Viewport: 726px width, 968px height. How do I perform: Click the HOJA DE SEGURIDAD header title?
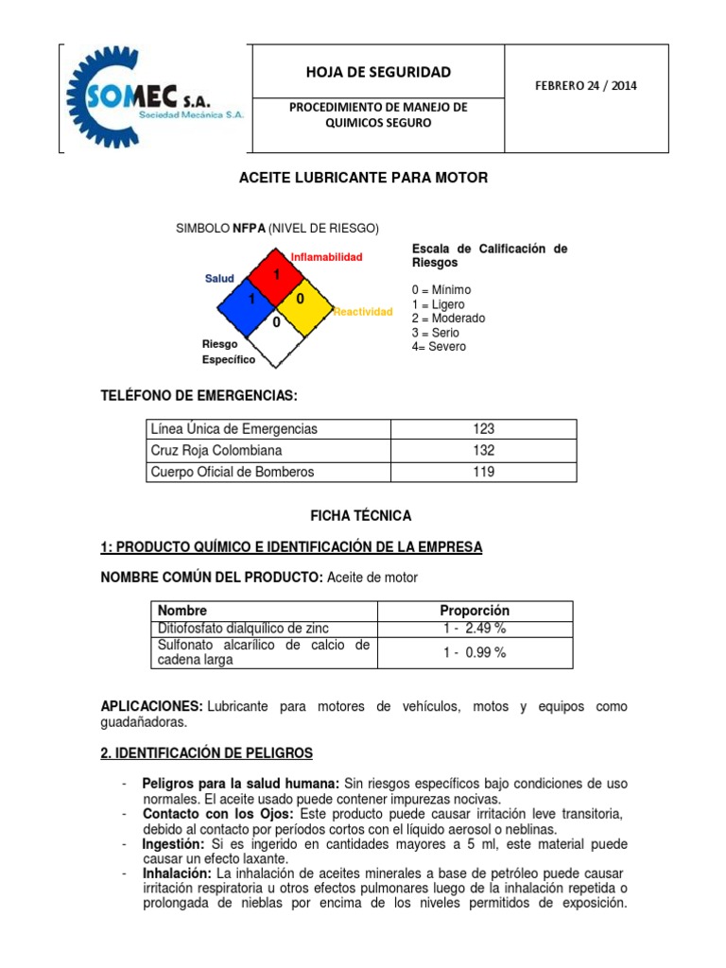pos(377,72)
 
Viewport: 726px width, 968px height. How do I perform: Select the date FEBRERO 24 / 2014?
pos(586,85)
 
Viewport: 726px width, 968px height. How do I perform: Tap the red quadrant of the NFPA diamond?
pos(277,274)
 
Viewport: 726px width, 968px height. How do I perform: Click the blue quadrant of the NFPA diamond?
pos(251,300)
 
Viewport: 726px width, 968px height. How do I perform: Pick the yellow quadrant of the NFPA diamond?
pos(302,300)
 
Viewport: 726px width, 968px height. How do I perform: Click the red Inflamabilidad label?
pos(326,257)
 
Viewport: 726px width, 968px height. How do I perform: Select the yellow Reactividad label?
pos(362,312)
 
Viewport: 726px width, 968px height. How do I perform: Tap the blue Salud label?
pos(219,278)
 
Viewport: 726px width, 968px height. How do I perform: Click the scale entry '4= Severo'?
pos(439,346)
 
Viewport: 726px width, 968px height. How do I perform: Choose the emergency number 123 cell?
pos(483,429)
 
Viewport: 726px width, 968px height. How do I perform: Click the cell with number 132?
pos(483,451)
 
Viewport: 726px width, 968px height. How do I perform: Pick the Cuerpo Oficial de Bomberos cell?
pos(233,472)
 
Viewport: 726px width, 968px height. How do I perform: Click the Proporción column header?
pos(475,611)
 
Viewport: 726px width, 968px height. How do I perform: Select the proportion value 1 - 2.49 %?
pos(475,629)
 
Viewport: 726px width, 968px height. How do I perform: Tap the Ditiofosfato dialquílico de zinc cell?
pos(244,629)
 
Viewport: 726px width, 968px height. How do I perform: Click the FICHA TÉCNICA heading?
pos(361,516)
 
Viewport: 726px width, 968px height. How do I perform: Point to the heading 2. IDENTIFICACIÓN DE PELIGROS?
pos(206,752)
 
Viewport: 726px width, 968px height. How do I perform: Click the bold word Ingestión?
pos(174,843)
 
